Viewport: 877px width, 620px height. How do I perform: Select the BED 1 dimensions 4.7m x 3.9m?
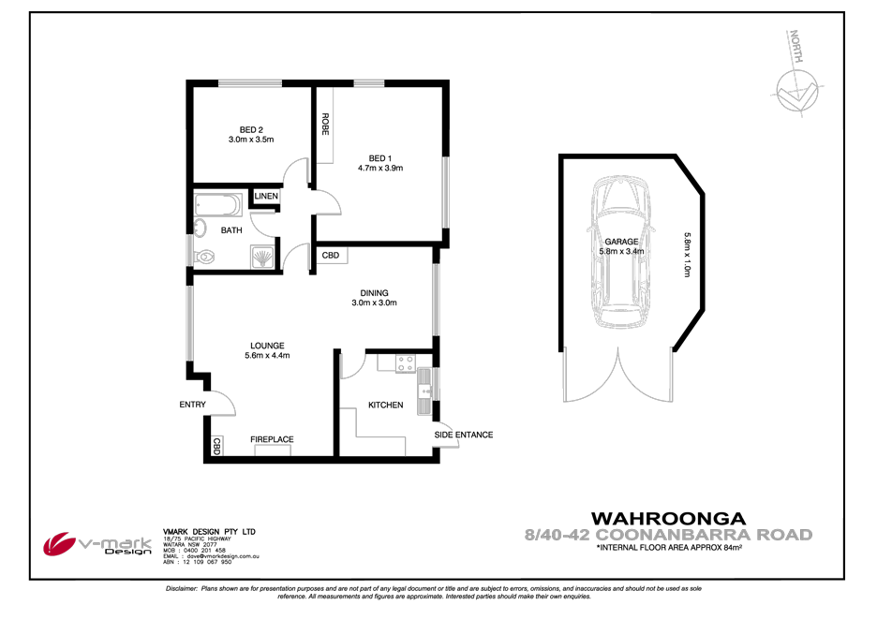click(379, 169)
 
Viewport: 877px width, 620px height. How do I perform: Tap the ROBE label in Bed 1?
click(325, 125)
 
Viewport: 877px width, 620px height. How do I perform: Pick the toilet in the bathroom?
click(205, 254)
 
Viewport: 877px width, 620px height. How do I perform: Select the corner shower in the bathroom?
click(263, 255)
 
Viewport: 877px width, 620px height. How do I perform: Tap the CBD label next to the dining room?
click(331, 255)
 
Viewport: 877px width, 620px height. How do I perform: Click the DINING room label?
click(374, 292)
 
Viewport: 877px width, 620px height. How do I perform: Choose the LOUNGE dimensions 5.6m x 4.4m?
click(267, 356)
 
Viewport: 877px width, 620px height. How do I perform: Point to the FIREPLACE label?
click(272, 439)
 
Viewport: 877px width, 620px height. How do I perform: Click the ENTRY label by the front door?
click(193, 405)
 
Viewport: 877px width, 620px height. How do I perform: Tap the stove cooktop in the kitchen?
click(405, 362)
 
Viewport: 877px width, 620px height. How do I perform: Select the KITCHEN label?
click(385, 406)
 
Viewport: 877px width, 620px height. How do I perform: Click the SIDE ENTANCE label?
click(463, 435)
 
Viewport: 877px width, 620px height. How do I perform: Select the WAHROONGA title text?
click(667, 518)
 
